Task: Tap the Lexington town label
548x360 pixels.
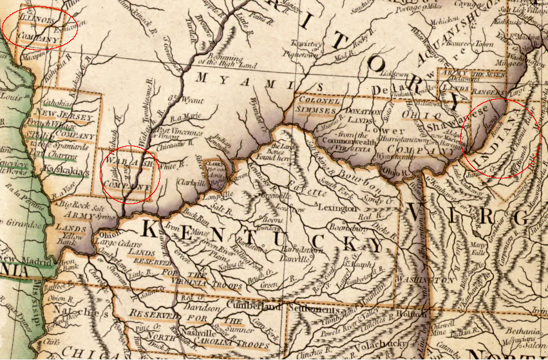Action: [335, 209]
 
